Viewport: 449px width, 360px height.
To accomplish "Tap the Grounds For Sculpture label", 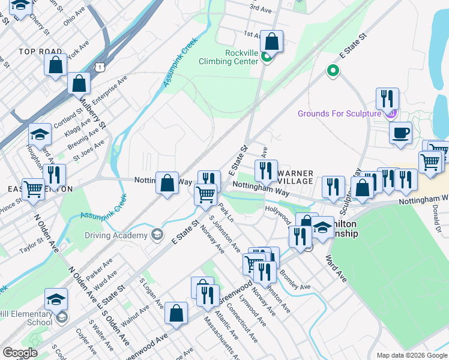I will pyautogui.click(x=339, y=113).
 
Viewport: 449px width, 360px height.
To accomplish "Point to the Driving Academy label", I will pyautogui.click(x=116, y=236).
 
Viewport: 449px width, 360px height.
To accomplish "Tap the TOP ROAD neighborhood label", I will pyautogui.click(x=41, y=52).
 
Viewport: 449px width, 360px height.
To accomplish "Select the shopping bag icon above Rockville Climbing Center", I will pyautogui.click(x=272, y=42).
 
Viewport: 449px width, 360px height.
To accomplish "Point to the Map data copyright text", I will pyautogui.click(x=411, y=355).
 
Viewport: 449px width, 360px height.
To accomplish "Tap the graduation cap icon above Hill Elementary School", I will pyautogui.click(x=56, y=299).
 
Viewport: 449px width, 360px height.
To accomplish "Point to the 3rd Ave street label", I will pyautogui.click(x=261, y=8).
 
